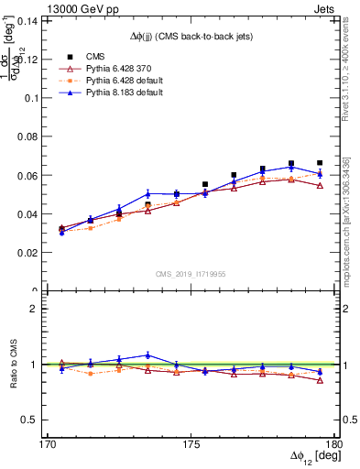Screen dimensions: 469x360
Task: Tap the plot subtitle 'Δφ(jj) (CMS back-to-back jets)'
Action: tap(190, 36)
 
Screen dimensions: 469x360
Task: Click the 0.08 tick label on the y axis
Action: tap(38, 136)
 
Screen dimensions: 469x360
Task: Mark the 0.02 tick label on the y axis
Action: tap(38, 252)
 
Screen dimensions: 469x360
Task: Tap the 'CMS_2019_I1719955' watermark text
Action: tap(191, 272)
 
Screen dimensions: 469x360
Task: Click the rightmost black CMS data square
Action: tap(320, 163)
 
